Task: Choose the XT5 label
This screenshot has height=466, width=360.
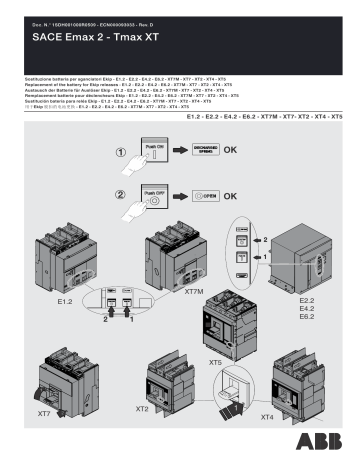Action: point(216,362)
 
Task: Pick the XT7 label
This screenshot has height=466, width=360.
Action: point(43,413)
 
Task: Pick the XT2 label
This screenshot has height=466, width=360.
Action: point(143,410)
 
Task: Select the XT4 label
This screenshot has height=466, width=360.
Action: point(266,415)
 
